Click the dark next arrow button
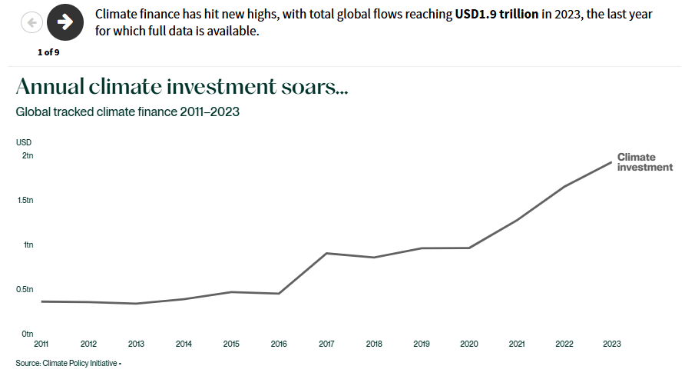pyautogui.click(x=65, y=22)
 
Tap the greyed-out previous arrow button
pyautogui.click(x=31, y=22)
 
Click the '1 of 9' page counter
pyautogui.click(x=48, y=52)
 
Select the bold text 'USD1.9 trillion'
pyautogui.click(x=496, y=15)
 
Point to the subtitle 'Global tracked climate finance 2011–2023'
pyautogui.click(x=127, y=111)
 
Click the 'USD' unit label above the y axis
pyautogui.click(x=24, y=142)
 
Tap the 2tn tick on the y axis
pyautogui.click(x=28, y=155)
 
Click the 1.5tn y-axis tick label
pyautogui.click(x=25, y=200)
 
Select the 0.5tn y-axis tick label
pyautogui.click(x=25, y=289)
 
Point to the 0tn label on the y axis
pyautogui.click(x=27, y=334)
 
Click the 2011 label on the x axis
pyautogui.click(x=41, y=344)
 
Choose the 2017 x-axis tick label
pyautogui.click(x=326, y=344)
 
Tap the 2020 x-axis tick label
pyautogui.click(x=468, y=344)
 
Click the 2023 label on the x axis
pyautogui.click(x=611, y=344)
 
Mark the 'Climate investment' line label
pyautogui.click(x=644, y=162)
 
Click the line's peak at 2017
pyautogui.click(x=326, y=253)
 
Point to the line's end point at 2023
pyautogui.click(x=611, y=162)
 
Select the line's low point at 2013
pyautogui.click(x=136, y=304)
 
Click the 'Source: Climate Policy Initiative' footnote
pyautogui.click(x=67, y=362)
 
